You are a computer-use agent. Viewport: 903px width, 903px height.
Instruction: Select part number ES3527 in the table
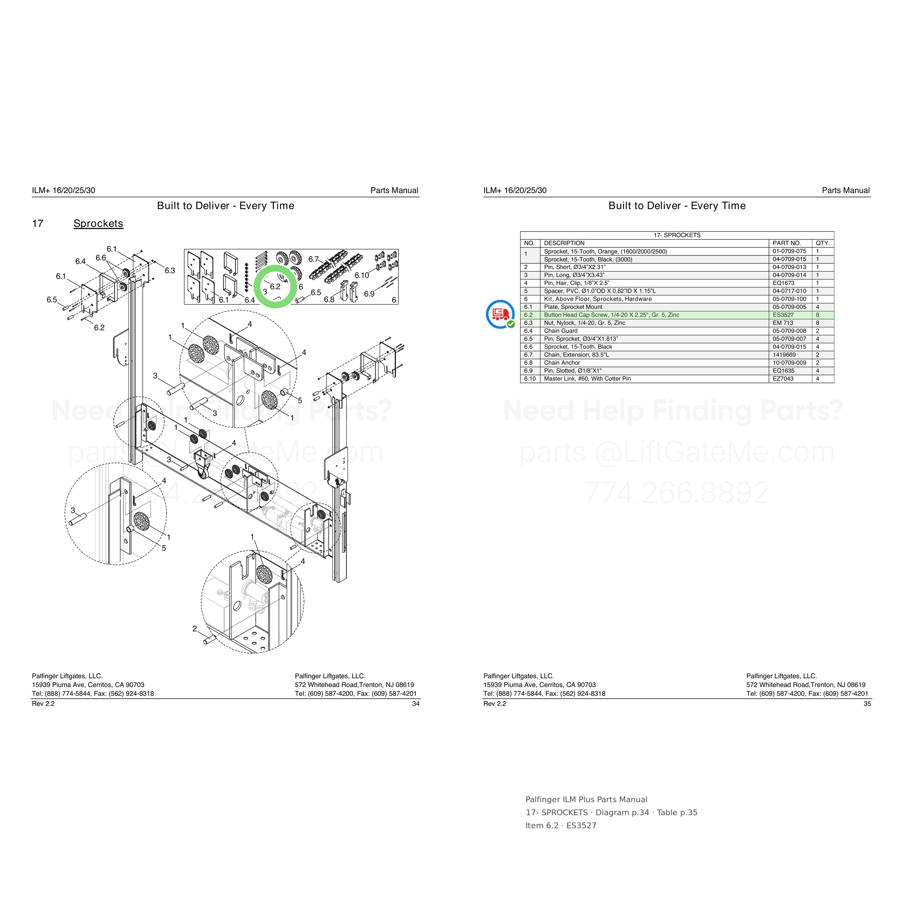coord(783,315)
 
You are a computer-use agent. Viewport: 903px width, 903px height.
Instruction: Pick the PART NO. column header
coord(787,243)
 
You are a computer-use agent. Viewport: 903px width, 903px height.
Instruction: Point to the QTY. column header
coord(822,243)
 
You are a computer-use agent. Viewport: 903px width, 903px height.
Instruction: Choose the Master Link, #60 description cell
coord(587,379)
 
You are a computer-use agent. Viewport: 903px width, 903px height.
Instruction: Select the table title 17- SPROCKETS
coord(677,235)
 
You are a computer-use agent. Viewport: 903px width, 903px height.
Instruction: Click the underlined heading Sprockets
coord(98,224)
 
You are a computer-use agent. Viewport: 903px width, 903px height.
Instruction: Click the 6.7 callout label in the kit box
coord(313,259)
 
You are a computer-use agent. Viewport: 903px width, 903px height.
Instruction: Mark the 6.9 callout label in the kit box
coord(369,294)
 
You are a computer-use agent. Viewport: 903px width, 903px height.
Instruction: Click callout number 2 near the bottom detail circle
coord(194,628)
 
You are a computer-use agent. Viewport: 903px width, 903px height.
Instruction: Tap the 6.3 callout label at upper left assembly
coord(170,271)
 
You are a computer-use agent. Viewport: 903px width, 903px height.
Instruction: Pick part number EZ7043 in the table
coord(783,379)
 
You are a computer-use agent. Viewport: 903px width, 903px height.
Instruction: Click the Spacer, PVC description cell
coord(600,291)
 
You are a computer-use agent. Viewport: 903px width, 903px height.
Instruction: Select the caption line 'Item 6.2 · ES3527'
coord(561,825)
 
